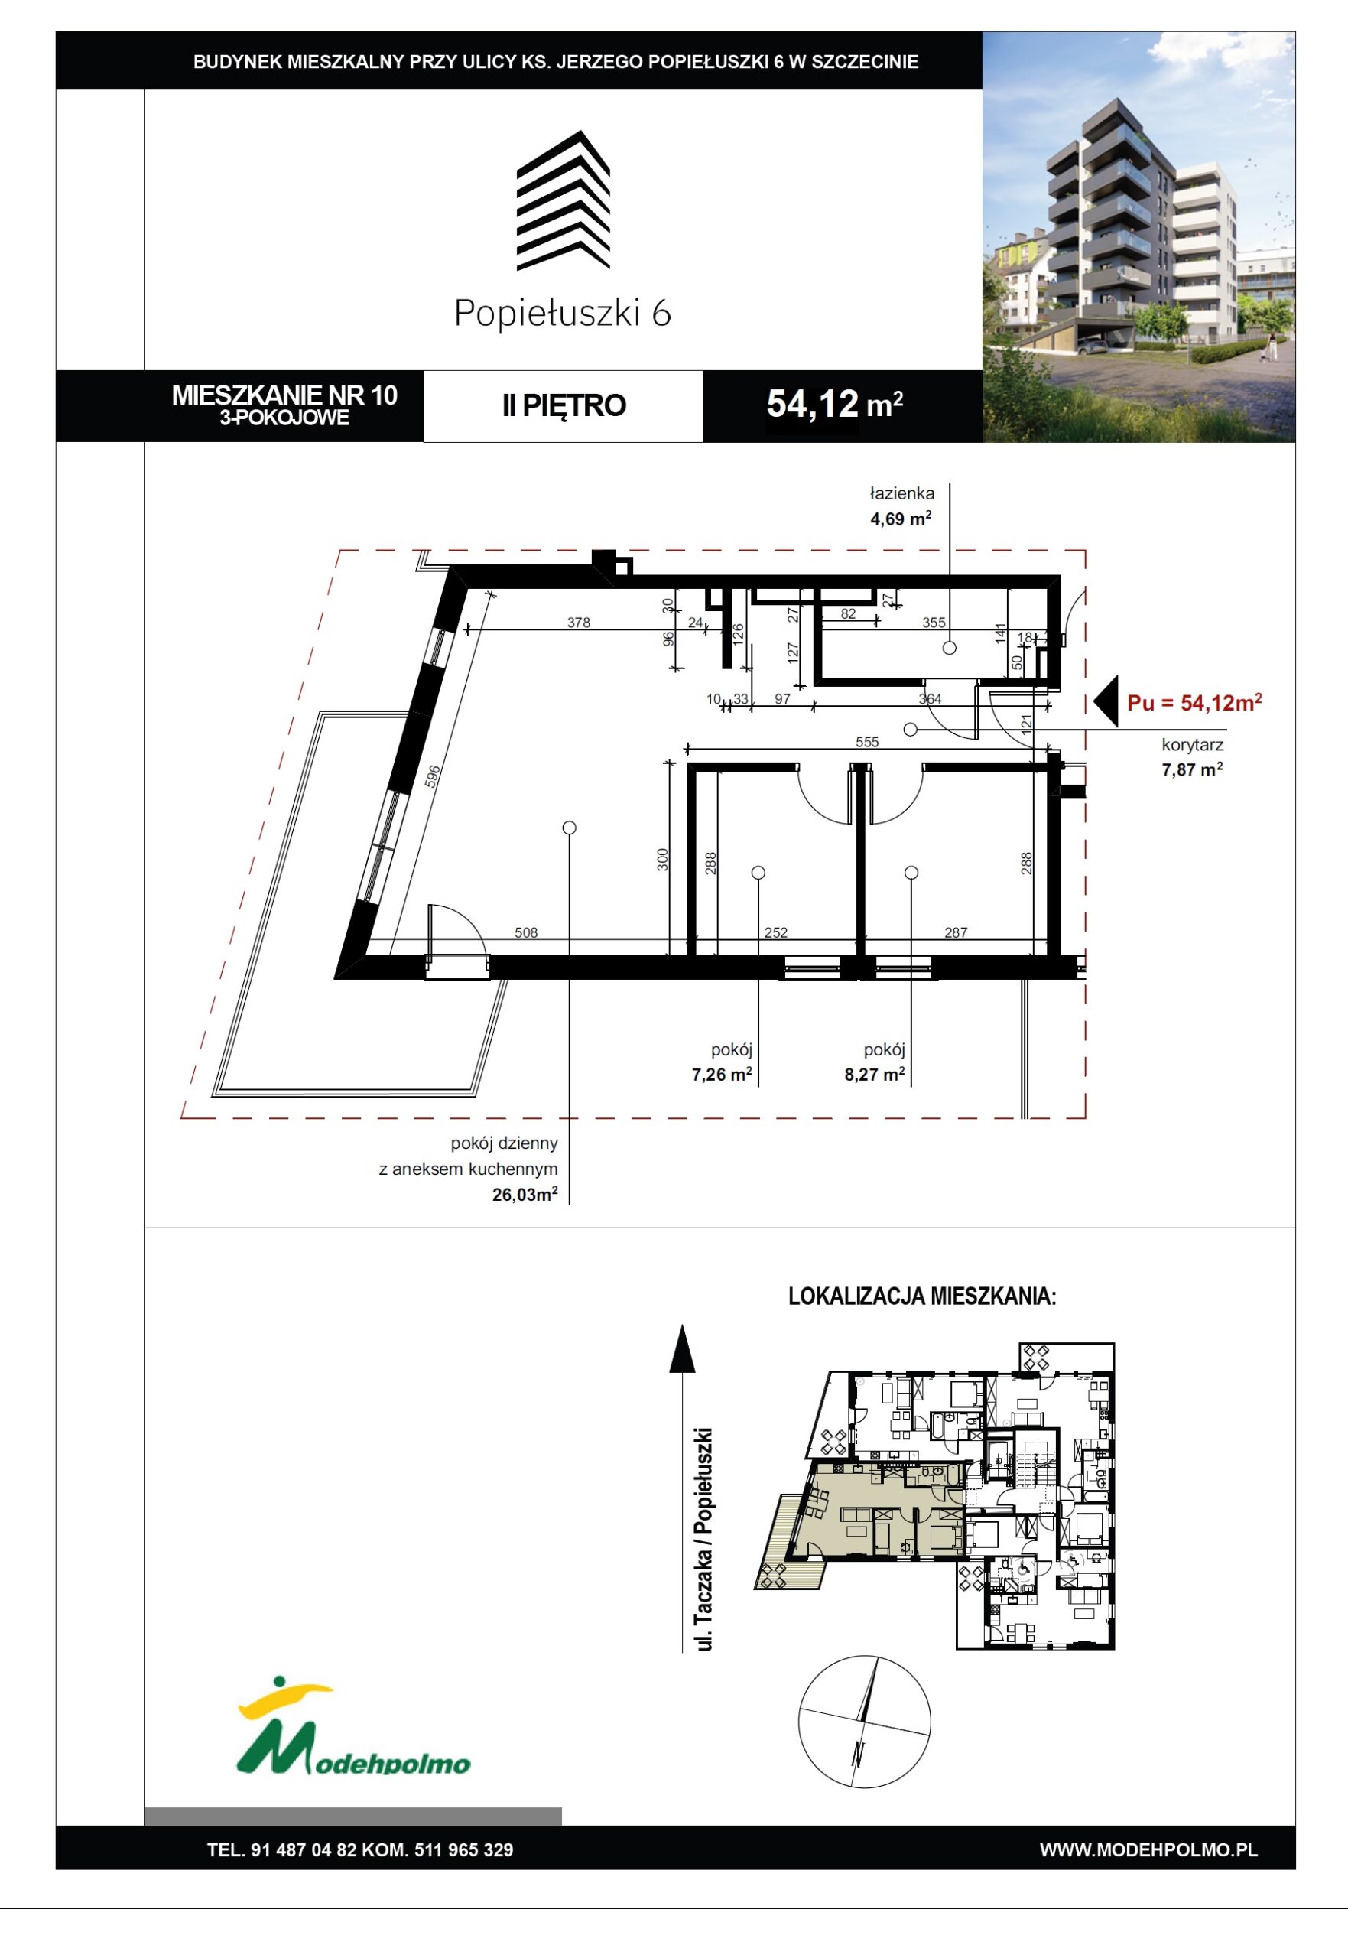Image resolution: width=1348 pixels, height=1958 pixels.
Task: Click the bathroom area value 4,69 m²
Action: (901, 518)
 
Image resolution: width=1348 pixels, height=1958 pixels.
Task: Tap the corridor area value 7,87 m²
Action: (1192, 769)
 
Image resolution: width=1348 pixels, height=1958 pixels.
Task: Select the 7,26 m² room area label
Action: (721, 1075)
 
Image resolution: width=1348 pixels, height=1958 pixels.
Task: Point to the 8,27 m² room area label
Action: (874, 1075)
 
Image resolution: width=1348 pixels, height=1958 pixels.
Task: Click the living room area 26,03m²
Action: (525, 1195)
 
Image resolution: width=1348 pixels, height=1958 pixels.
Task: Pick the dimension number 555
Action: (866, 742)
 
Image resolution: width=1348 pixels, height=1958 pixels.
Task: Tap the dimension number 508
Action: (525, 932)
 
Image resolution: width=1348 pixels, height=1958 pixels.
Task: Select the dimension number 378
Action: (578, 623)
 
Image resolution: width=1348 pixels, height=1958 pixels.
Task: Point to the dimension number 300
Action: (663, 860)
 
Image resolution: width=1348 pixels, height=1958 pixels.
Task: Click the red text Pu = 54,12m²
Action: (1194, 702)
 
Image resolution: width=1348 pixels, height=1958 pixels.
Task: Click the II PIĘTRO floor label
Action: (564, 405)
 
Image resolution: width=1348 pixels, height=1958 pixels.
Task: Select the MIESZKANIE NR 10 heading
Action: (284, 395)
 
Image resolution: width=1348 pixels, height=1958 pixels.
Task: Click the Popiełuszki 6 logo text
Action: (563, 314)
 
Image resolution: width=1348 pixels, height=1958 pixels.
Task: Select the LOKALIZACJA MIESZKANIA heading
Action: (921, 1296)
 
